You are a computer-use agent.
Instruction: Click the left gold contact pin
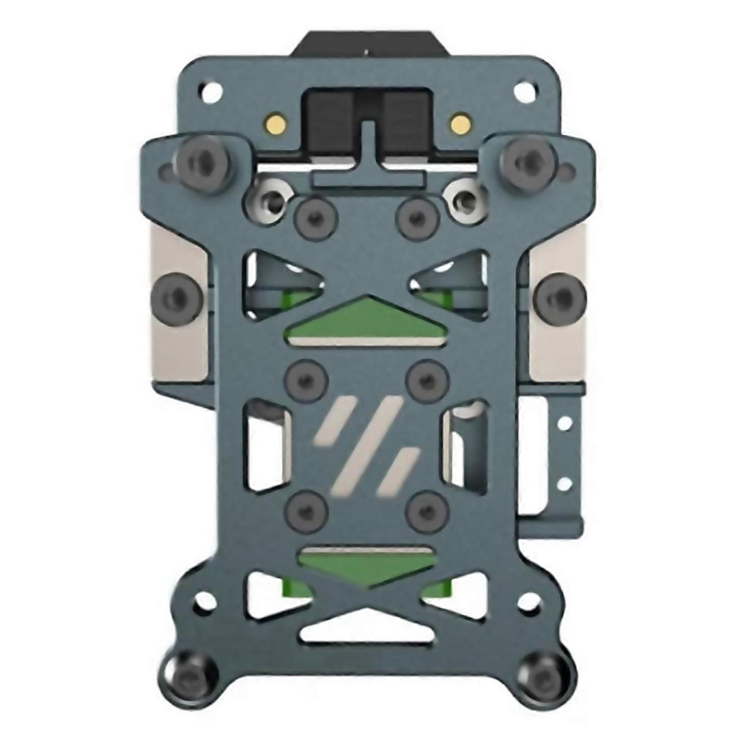click(275, 123)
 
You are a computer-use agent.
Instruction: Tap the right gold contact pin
click(459, 122)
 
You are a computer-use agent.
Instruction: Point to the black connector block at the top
click(367, 117)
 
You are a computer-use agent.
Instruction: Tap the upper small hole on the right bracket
click(564, 423)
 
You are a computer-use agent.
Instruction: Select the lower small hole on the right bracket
click(564, 482)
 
